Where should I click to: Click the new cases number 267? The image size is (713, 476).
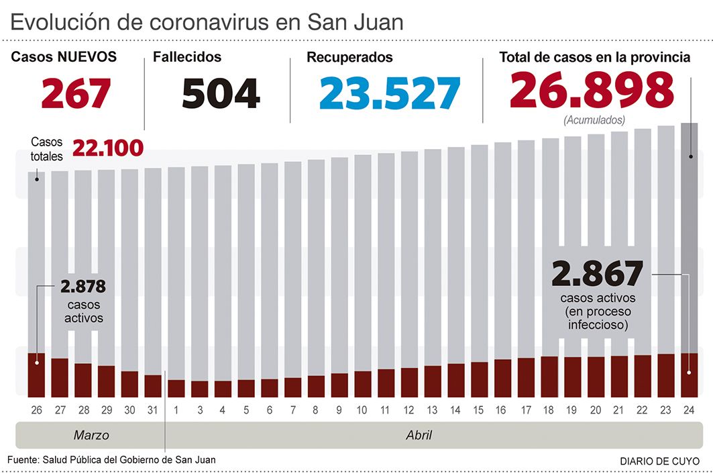[76, 93]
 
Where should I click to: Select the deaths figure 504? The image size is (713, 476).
[221, 93]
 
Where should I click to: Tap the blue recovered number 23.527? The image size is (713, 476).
[390, 93]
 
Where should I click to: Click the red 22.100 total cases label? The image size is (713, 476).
[107, 148]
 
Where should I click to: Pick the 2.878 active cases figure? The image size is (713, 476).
[83, 287]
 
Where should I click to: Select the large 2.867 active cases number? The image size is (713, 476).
[597, 274]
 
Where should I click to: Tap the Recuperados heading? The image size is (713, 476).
[349, 58]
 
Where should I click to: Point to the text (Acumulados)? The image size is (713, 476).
[594, 121]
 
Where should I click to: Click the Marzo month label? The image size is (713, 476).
[91, 435]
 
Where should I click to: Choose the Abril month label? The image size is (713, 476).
[419, 435]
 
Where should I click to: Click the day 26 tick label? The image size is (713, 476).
[36, 409]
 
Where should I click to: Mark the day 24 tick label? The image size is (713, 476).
[689, 409]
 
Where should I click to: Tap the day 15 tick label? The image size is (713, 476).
[479, 409]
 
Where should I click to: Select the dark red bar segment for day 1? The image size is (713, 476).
[176, 388]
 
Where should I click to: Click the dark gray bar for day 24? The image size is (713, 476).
[689, 235]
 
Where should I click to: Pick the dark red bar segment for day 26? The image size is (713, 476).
[36, 375]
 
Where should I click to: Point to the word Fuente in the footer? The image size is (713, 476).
[22, 460]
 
